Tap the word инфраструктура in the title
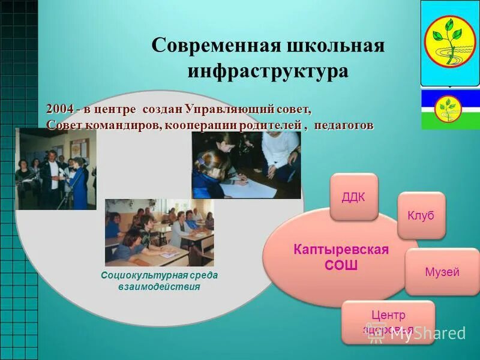point(268,70)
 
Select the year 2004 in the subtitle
point(61,110)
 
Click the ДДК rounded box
point(353,197)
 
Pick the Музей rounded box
point(442,272)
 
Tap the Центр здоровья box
point(388,322)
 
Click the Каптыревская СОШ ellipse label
point(341,257)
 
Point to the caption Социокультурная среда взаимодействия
point(159,281)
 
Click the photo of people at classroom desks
point(159,232)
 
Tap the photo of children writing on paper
point(246,165)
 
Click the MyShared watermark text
point(427,334)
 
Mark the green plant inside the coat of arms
point(448,39)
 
